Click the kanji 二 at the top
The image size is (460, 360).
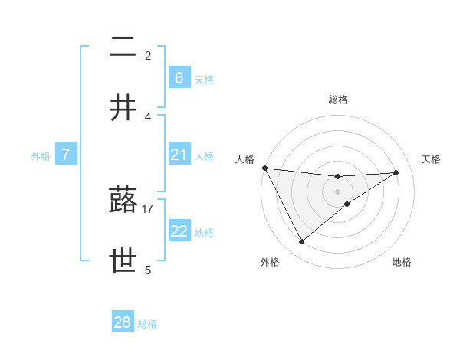pyautogui.click(x=123, y=48)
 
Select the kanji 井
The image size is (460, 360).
pyautogui.click(x=123, y=108)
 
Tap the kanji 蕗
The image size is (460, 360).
pyautogui.click(x=123, y=201)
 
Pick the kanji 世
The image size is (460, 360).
pyautogui.click(x=123, y=260)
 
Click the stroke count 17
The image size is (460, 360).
pyautogui.click(x=148, y=208)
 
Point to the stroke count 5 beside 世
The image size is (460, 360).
pyautogui.click(x=148, y=269)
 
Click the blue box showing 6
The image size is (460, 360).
pyautogui.click(x=179, y=78)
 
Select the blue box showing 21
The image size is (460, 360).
pyautogui.click(x=179, y=155)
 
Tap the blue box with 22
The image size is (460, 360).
pyautogui.click(x=179, y=231)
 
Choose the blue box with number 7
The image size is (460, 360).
pyautogui.click(x=66, y=155)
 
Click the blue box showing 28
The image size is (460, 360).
pyautogui.click(x=123, y=322)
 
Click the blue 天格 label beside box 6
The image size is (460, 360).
pyautogui.click(x=204, y=79)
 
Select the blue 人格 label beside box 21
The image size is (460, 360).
pyautogui.click(x=204, y=155)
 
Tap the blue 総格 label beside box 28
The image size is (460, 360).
pyautogui.click(x=147, y=323)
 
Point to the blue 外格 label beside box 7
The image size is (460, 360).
pyautogui.click(x=41, y=155)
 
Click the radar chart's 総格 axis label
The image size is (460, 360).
pyautogui.click(x=337, y=100)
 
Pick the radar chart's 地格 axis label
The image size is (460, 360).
pyautogui.click(x=402, y=262)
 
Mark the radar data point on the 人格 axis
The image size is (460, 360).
pyautogui.click(x=264, y=168)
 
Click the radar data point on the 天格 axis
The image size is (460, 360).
pyautogui.click(x=396, y=172)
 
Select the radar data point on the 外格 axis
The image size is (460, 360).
pyautogui.click(x=301, y=241)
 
